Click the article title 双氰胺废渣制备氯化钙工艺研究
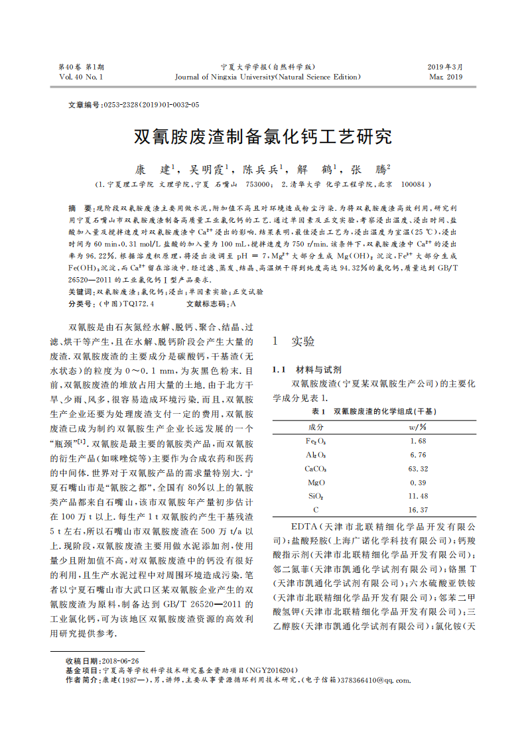263,137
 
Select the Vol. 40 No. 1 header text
81,77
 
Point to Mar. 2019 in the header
445,77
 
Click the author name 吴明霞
207,170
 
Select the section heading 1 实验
294,341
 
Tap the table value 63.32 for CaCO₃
419,469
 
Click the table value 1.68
419,441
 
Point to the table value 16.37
419,510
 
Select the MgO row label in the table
316,483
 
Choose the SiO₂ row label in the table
316,496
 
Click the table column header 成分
316,426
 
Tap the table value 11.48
419,496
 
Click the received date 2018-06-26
120,661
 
